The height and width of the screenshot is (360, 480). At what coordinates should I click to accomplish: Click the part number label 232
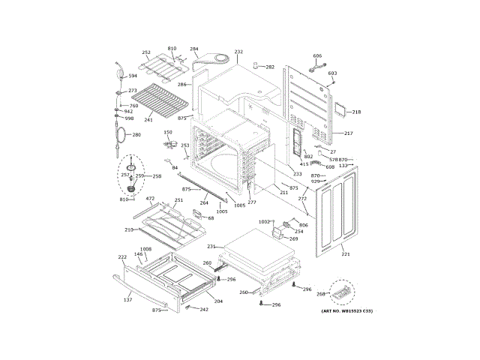(238, 52)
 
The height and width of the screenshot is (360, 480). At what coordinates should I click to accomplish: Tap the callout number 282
(270, 67)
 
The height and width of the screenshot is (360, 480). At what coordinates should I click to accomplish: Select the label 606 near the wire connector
(317, 56)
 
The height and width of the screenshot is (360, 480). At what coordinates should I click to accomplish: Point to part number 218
(356, 112)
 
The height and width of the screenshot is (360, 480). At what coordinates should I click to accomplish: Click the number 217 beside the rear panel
(348, 133)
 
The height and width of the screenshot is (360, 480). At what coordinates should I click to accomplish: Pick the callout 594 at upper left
(133, 76)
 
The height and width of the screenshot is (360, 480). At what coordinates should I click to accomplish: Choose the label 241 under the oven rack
(148, 119)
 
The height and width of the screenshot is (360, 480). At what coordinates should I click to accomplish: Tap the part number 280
(136, 135)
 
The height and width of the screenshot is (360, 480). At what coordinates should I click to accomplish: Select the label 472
(150, 199)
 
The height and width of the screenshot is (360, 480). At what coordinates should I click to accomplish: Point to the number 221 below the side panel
(346, 254)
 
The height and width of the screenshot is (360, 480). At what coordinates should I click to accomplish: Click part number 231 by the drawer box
(211, 247)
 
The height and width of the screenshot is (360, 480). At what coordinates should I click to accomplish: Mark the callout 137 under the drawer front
(127, 299)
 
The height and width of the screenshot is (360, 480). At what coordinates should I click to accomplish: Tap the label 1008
(145, 249)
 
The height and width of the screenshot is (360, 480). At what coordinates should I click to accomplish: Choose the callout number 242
(204, 309)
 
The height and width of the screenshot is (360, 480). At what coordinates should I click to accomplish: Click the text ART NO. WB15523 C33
(346, 310)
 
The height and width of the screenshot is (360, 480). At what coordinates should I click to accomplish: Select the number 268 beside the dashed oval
(321, 294)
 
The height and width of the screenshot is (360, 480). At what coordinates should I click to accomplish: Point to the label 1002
(264, 222)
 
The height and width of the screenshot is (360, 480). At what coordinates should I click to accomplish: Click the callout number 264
(204, 202)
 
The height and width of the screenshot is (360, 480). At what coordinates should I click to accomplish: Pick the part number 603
(332, 73)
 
